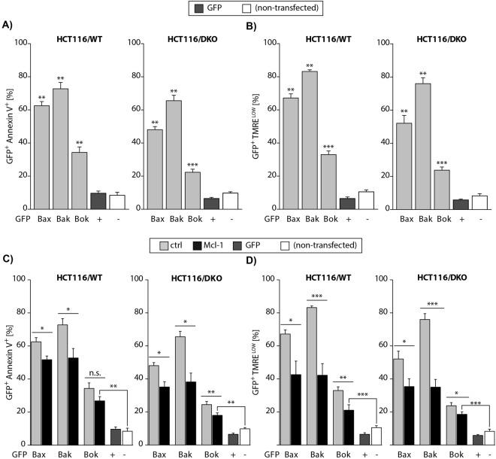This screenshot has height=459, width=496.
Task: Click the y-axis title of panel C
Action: tap(8, 362)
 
